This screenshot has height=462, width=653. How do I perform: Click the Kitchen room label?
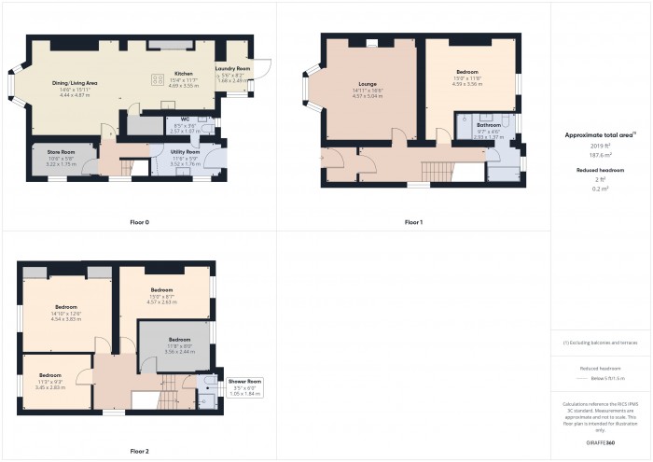[183, 73]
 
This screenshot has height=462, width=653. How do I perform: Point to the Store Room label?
[61, 151]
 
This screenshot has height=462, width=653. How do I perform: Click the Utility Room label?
[186, 151]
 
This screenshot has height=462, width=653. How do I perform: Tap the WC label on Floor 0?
[185, 119]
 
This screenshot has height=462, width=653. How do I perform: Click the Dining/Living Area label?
[75, 83]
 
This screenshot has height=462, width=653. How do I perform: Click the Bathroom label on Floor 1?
[489, 124]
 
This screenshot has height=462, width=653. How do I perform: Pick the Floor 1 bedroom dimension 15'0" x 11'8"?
[465, 78]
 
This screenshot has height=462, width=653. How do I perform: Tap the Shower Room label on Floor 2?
[245, 382]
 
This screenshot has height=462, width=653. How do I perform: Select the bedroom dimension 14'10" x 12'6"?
[65, 313]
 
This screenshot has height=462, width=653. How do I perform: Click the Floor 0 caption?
[139, 222]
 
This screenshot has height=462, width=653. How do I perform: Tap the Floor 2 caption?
[139, 450]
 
